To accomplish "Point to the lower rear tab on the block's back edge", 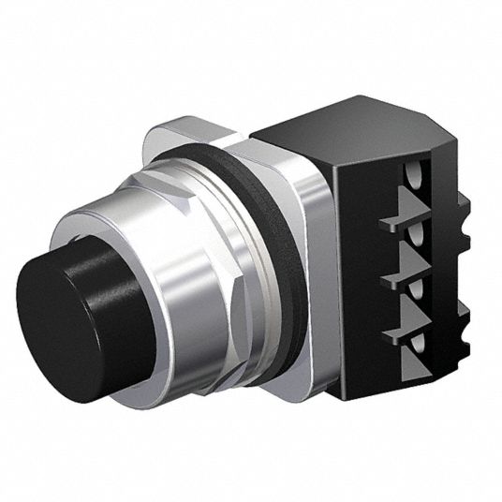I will (463, 328).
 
